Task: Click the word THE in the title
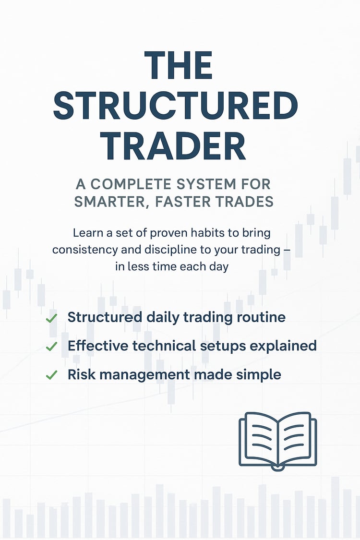tap(178, 66)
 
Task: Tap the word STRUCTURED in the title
tap(176, 106)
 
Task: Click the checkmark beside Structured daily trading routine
tap(51, 318)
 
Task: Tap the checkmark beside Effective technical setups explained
tap(51, 347)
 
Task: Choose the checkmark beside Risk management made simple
tap(51, 375)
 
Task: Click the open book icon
tap(277, 441)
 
